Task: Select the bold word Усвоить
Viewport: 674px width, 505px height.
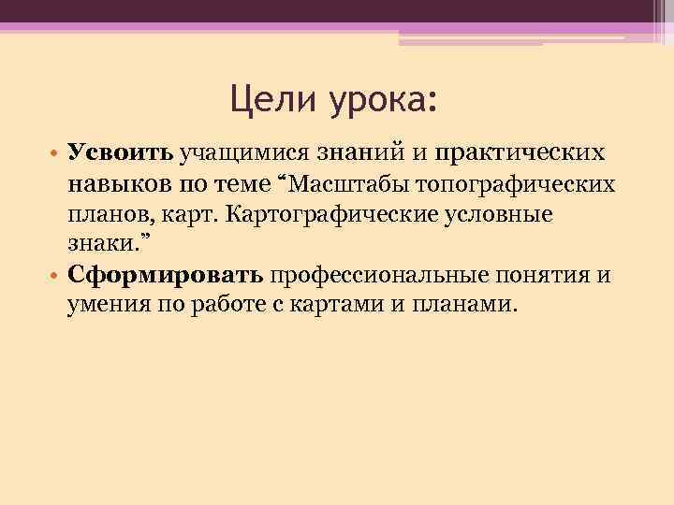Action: [120, 152]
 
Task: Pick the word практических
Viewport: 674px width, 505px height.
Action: [530, 153]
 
